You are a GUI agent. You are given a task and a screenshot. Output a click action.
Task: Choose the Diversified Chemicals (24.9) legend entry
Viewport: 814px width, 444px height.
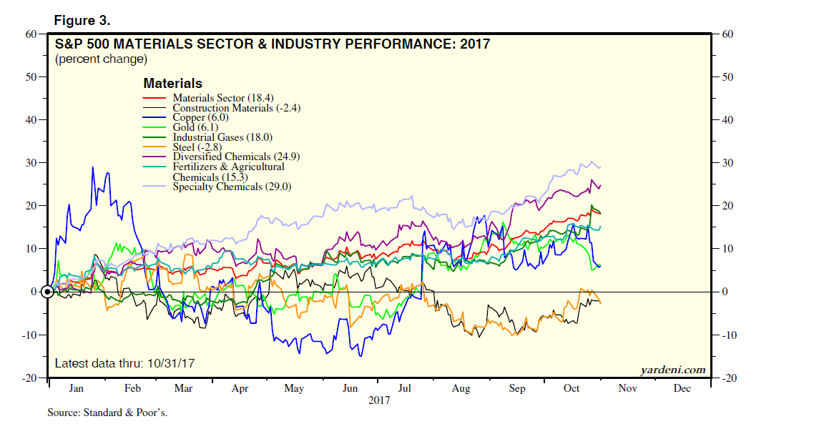click(x=232, y=157)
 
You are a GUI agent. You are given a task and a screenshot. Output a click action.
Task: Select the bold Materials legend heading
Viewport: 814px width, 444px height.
click(x=172, y=84)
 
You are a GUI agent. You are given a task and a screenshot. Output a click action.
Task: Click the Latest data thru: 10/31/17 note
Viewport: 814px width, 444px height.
click(x=124, y=363)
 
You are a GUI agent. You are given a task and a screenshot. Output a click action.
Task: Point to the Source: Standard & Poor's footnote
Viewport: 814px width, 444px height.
click(x=107, y=413)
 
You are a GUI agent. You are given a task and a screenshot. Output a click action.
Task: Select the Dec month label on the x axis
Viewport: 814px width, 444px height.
click(x=682, y=388)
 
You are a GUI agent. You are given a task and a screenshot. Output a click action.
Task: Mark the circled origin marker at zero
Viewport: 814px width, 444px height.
click(x=47, y=292)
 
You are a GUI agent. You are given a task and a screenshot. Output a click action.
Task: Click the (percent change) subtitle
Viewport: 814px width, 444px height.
click(x=101, y=59)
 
